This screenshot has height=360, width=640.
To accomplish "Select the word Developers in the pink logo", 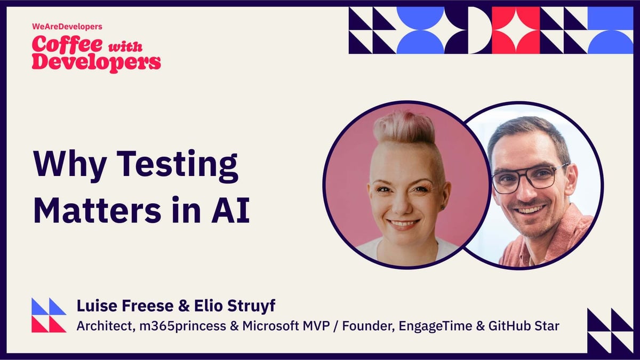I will point(96,62).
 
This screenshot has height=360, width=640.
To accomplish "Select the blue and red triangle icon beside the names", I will point(49,315).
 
